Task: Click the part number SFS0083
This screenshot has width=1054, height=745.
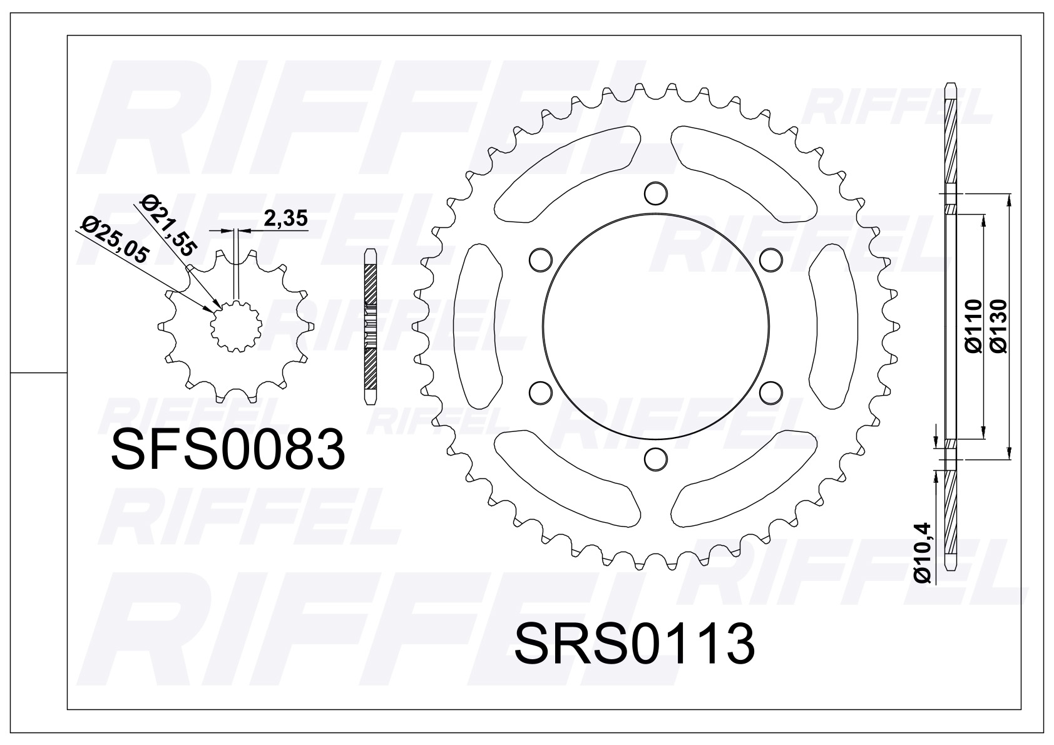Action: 228,450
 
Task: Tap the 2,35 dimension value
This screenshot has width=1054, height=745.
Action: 285,219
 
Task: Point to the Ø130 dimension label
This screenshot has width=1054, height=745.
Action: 999,326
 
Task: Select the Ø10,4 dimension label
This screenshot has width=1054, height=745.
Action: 924,552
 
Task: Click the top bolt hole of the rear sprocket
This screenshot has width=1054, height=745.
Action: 655,193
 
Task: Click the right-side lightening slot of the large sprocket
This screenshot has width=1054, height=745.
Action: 832,326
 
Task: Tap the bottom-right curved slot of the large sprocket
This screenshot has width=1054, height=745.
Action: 745,479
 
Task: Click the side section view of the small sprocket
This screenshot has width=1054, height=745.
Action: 371,326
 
